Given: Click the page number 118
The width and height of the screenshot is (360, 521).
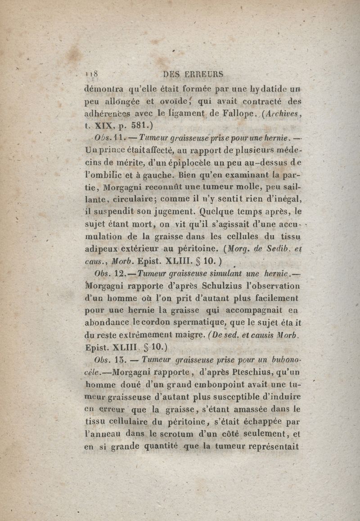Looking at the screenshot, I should click(x=92, y=74).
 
